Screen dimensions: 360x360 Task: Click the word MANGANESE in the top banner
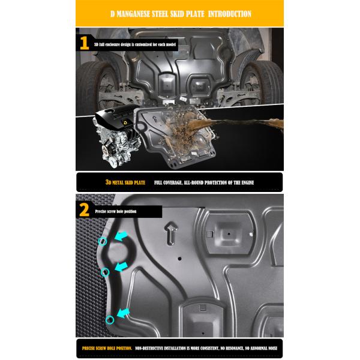coord(142,14)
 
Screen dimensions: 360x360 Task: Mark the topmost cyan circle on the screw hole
coord(102,241)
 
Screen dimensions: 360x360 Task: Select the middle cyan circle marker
coord(106,272)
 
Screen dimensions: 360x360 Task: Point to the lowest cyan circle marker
coord(109,319)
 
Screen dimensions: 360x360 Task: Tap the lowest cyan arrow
coord(125,312)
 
